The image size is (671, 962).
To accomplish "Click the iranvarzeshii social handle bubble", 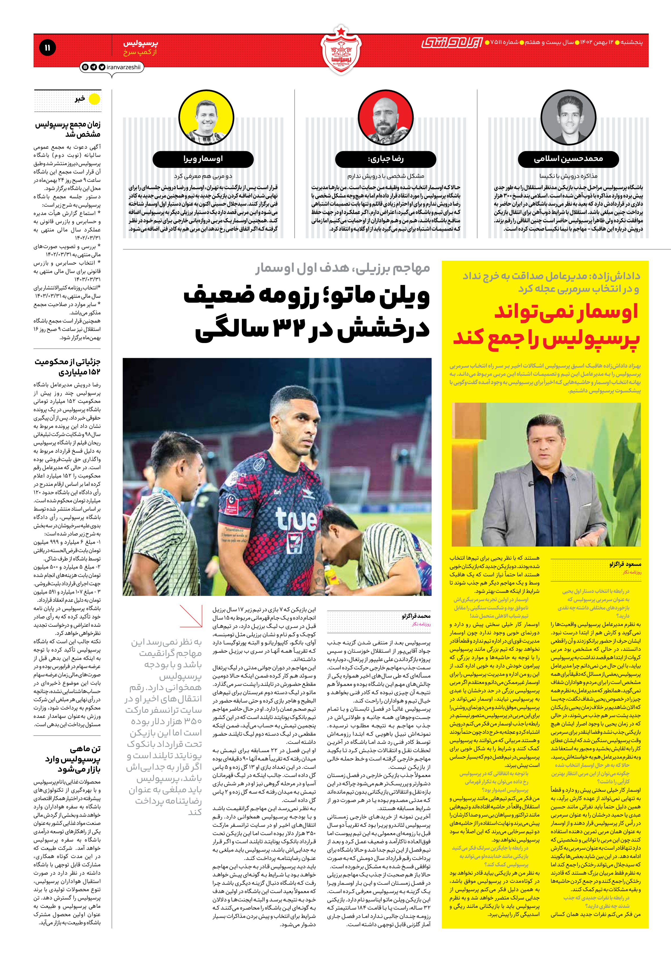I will pos(111,67).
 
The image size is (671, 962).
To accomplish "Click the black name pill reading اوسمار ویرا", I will pos(203,159).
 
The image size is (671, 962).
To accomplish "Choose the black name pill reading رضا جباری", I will pos(386,159).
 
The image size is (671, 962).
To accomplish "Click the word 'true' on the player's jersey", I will pos(296,518).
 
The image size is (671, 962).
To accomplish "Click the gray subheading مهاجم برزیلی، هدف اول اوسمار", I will pos(343,268).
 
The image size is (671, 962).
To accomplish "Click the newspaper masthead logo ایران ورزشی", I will pos(452,42).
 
